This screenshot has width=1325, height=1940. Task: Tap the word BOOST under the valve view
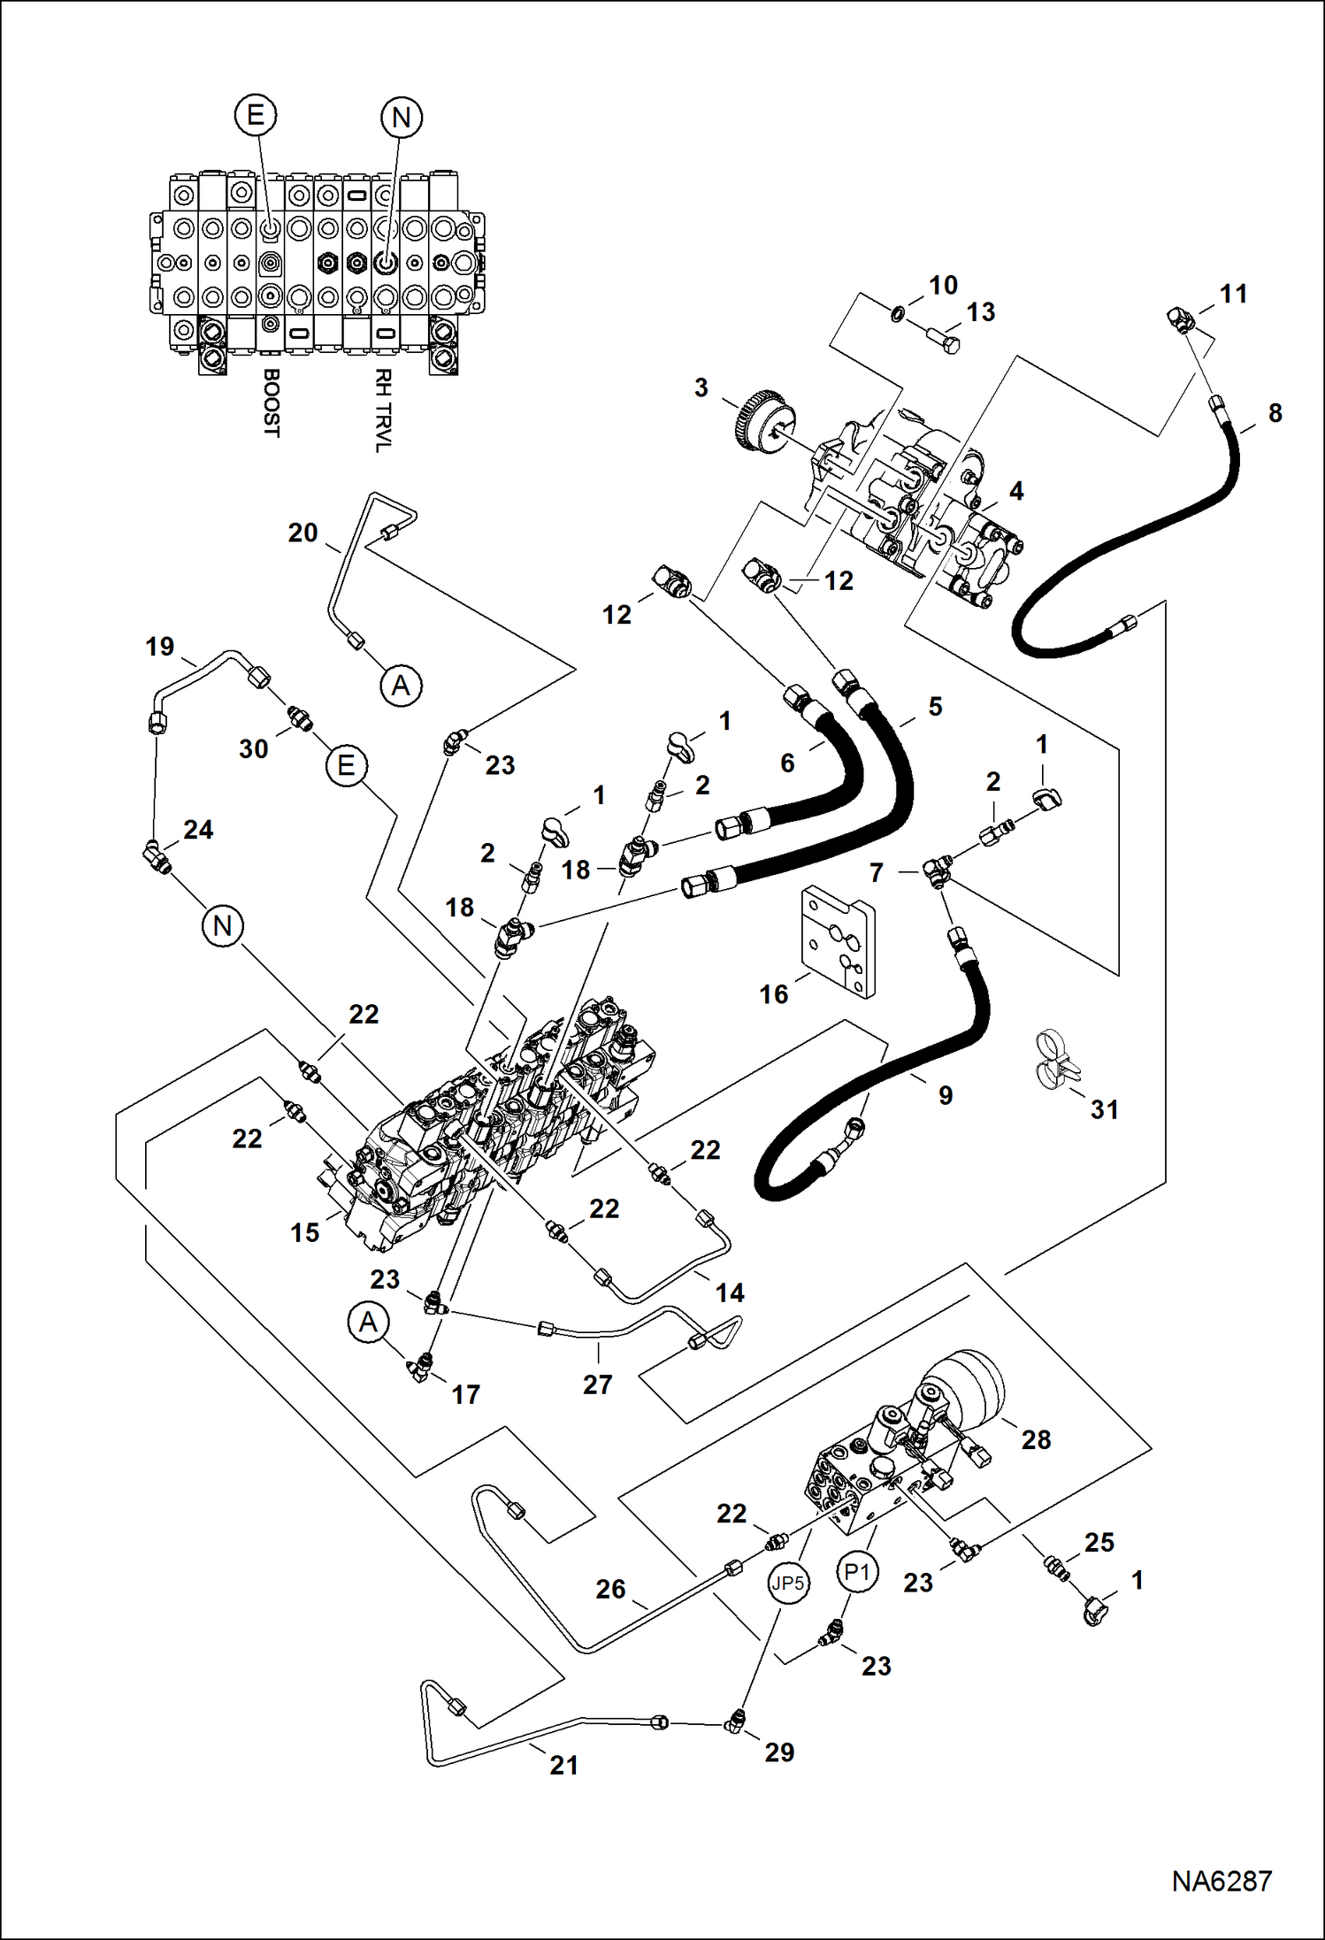click(272, 403)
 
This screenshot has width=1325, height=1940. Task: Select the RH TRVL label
click(382, 410)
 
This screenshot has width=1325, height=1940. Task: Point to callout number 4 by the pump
click(1016, 491)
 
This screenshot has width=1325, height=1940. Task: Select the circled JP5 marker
click(787, 1583)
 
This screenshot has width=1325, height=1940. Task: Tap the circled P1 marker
click(856, 1572)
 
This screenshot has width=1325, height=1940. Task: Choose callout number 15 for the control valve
click(304, 1232)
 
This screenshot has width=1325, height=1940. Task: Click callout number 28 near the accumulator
click(1036, 1439)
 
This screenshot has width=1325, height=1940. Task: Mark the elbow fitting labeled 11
click(1181, 318)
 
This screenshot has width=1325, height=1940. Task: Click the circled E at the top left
click(256, 115)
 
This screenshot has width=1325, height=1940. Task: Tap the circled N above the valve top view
click(401, 117)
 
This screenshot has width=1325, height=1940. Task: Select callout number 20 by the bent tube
click(303, 533)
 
